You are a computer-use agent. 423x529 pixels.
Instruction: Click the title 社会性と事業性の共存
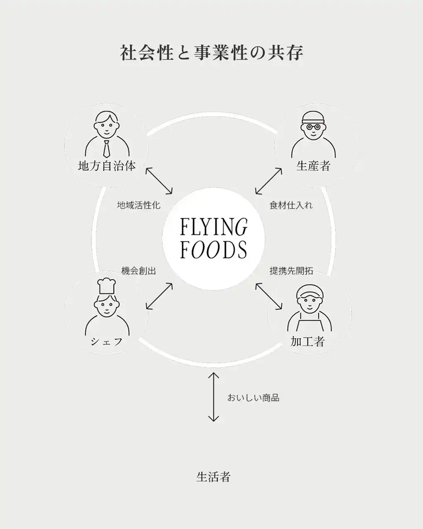tap(211, 53)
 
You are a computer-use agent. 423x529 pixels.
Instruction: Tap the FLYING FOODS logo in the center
tap(214, 238)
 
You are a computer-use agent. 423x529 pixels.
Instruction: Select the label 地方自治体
tap(107, 166)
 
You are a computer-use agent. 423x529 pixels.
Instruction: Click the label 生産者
tap(314, 166)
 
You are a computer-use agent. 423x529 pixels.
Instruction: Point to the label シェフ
tap(107, 342)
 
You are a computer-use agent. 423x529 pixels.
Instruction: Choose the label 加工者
tap(307, 341)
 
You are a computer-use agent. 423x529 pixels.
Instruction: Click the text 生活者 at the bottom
tap(213, 477)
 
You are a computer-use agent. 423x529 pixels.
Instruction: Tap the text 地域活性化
tap(138, 205)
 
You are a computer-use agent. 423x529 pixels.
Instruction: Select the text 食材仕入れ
tap(291, 205)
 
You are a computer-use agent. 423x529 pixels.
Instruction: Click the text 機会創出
tap(138, 271)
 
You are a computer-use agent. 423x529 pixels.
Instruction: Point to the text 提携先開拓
tap(291, 271)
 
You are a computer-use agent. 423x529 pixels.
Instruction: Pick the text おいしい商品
tap(253, 398)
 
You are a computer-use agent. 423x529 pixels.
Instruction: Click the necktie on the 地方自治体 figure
tap(107, 148)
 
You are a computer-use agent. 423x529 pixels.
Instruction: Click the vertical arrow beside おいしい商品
tap(214, 397)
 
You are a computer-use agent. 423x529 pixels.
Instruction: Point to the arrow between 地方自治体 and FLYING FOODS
tap(159, 181)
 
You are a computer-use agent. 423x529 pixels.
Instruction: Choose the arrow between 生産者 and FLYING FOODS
tap(269, 181)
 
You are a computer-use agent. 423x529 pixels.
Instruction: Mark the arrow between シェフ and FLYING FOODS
tap(159, 296)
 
